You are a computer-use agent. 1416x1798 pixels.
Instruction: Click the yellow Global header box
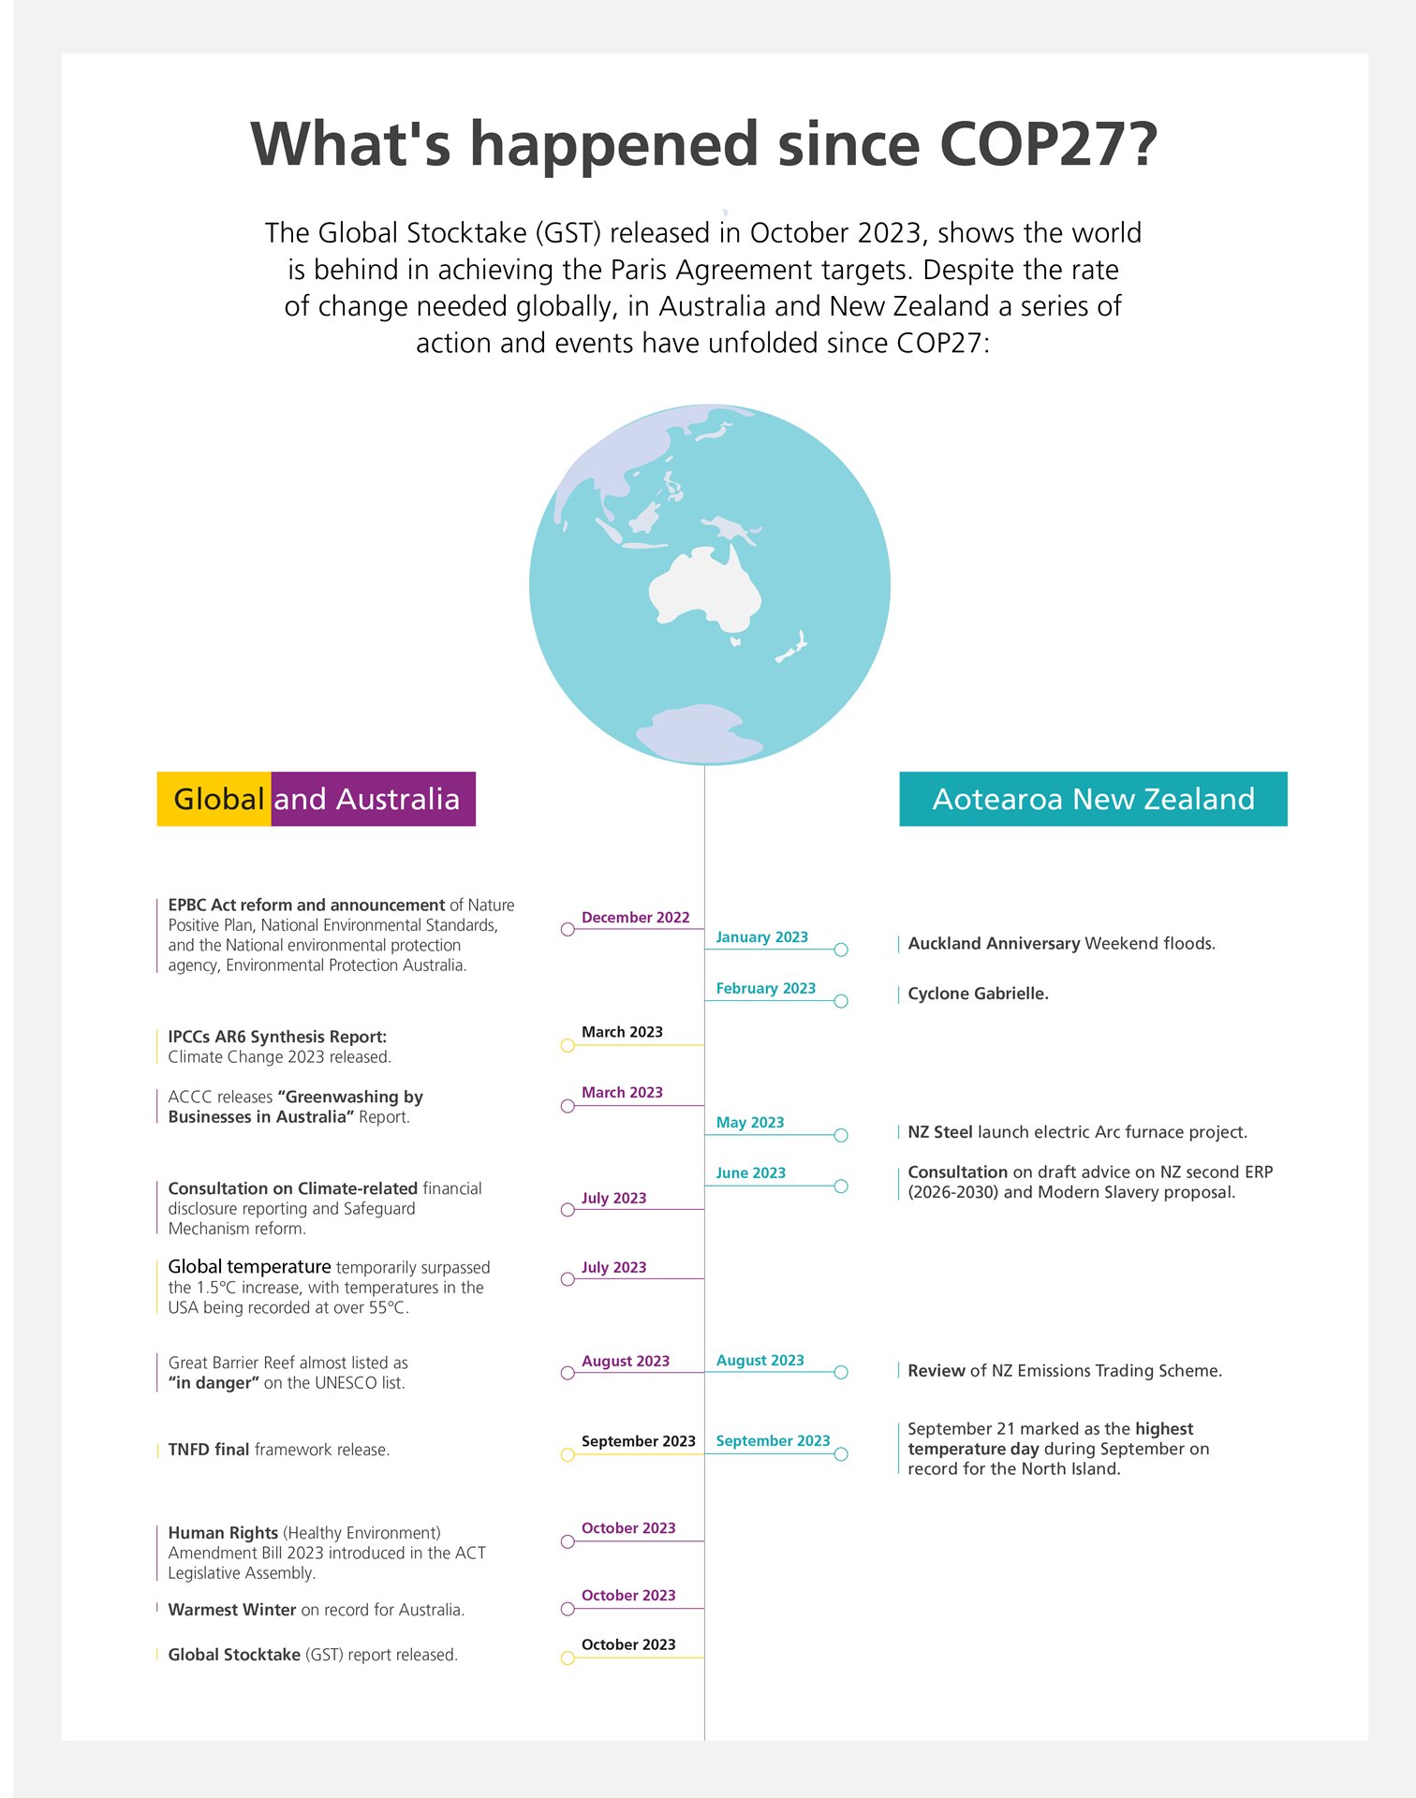(214, 799)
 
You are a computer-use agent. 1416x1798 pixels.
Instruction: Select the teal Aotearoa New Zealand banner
(1093, 799)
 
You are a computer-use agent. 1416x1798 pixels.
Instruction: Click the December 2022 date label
(635, 918)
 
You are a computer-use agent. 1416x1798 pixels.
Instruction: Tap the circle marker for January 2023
(841, 950)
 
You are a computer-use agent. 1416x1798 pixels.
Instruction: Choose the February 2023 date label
(765, 989)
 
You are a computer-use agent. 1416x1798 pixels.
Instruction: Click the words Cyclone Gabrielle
(978, 994)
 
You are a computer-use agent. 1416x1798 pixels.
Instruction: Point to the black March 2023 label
(622, 1032)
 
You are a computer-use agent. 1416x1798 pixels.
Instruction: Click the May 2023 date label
(749, 1123)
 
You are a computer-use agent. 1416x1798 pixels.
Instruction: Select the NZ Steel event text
(1077, 1132)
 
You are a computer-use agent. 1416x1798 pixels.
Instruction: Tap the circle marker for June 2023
(841, 1186)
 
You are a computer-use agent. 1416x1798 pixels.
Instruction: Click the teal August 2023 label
(760, 1361)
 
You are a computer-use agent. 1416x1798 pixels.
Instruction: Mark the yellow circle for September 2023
(568, 1454)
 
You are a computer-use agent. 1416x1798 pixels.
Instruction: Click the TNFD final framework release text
(278, 1450)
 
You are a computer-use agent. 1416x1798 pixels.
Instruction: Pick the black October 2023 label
(628, 1644)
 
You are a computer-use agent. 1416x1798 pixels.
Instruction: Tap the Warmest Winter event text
(316, 1610)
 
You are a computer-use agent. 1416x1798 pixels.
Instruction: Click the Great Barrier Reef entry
(288, 1373)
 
